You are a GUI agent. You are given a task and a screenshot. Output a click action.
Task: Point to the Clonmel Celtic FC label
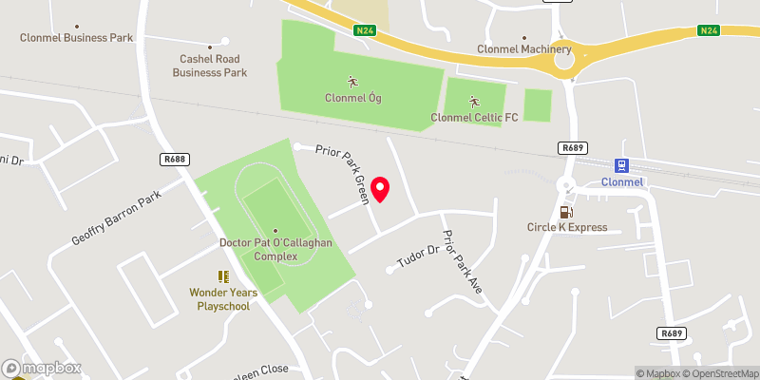[x=474, y=117]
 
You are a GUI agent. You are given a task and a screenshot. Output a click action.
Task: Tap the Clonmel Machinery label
[x=524, y=49]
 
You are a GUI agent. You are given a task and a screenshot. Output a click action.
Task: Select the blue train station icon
[x=623, y=164]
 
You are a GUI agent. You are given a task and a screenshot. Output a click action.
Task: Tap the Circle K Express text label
[x=567, y=227]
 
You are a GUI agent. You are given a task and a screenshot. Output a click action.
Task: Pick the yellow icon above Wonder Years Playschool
[x=223, y=276]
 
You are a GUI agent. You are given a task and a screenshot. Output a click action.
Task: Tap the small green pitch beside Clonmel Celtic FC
[x=538, y=104]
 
